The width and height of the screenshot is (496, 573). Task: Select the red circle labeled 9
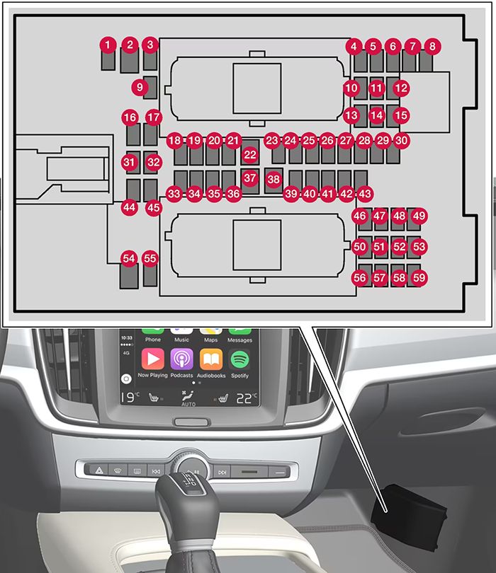point(140,88)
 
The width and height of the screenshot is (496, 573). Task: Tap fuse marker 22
point(249,154)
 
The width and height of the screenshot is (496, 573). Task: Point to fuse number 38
point(274,179)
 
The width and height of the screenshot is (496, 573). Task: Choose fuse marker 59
point(419,278)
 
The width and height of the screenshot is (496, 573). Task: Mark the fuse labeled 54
point(128,259)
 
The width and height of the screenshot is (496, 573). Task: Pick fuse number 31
point(128,162)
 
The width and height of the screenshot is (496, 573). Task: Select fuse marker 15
point(401,115)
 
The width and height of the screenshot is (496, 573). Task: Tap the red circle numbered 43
point(364,193)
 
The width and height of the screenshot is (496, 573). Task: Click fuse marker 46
point(360,216)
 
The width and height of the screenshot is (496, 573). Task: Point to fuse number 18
point(175,141)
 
